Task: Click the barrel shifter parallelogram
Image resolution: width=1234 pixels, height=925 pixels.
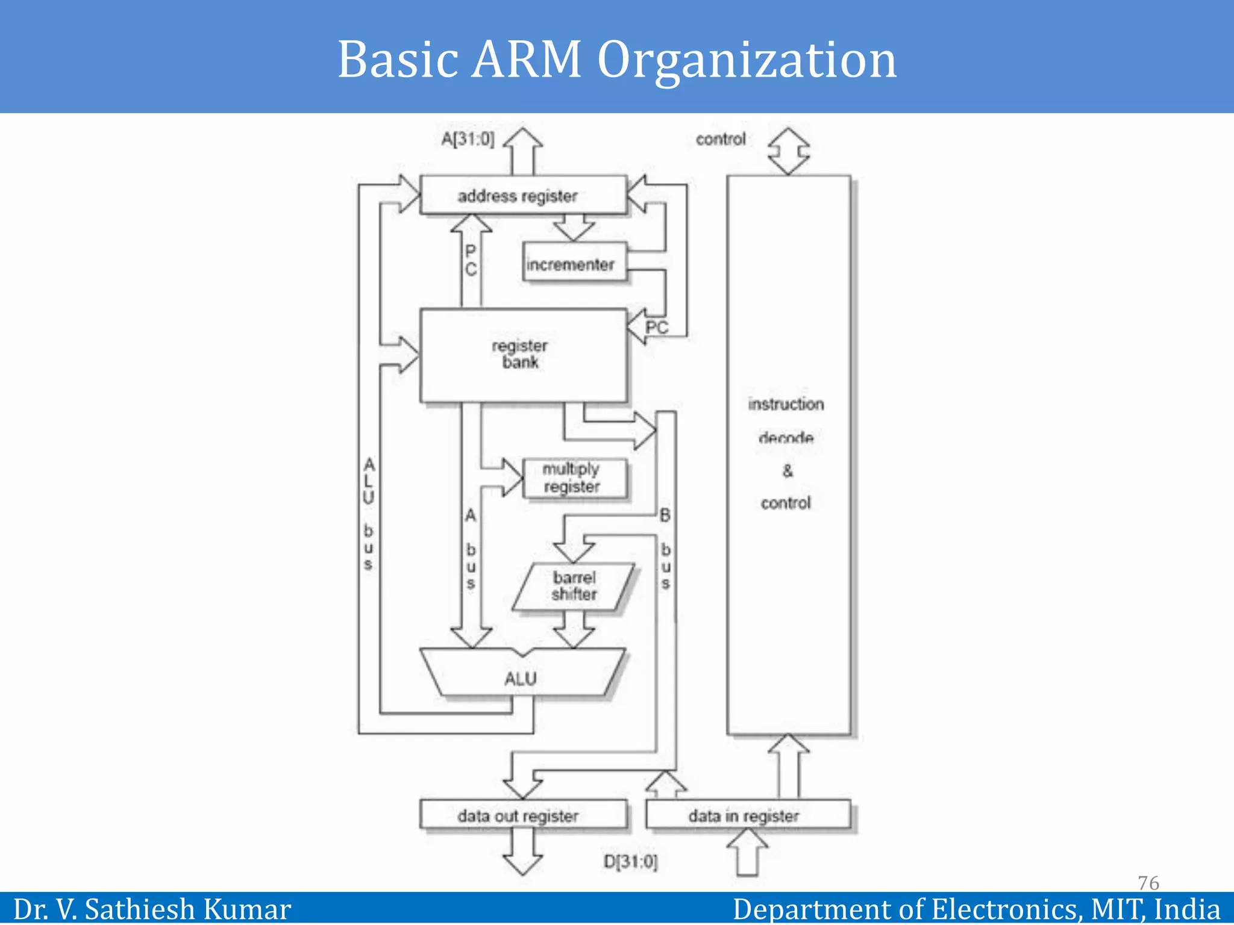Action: click(x=574, y=586)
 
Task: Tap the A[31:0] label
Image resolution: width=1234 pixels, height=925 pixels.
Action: click(x=468, y=139)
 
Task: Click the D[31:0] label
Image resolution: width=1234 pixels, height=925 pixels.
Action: click(x=630, y=861)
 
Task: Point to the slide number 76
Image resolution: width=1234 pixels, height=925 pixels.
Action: click(x=1148, y=882)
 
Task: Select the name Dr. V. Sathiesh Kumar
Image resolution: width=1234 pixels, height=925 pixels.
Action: click(x=152, y=909)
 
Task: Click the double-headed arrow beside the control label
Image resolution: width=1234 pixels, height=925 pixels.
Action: click(x=788, y=151)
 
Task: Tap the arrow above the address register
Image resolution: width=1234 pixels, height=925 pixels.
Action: click(x=522, y=151)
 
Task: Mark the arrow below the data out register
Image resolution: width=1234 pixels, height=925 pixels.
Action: click(x=522, y=851)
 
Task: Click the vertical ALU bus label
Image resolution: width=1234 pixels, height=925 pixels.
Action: click(x=368, y=514)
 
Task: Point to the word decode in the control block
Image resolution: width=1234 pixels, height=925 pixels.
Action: click(x=786, y=438)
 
